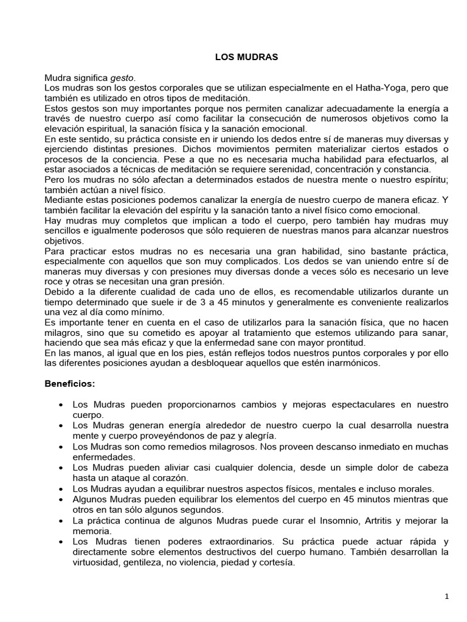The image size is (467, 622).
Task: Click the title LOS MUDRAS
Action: pyautogui.click(x=246, y=56)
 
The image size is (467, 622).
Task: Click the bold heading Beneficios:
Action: pyautogui.click(x=70, y=384)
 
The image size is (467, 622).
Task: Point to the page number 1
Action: pyautogui.click(x=446, y=597)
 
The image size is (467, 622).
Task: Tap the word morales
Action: pyautogui.click(x=415, y=488)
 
